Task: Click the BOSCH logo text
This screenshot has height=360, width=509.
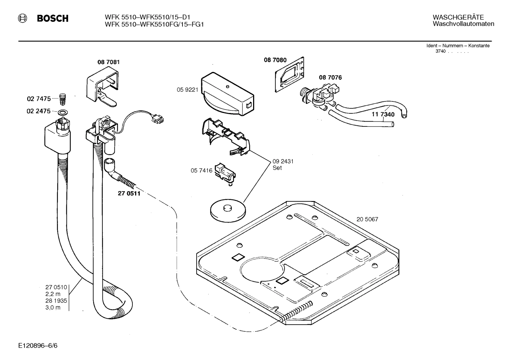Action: (x=53, y=19)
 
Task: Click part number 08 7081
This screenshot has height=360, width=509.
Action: (x=109, y=62)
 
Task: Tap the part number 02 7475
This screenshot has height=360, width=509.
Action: (x=38, y=99)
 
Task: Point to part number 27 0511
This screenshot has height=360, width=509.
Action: (x=129, y=194)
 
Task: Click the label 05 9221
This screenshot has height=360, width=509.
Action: (x=187, y=90)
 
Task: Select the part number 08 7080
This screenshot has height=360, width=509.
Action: (x=275, y=60)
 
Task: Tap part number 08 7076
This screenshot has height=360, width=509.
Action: (x=330, y=77)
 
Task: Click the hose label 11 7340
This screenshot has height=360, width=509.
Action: (x=383, y=114)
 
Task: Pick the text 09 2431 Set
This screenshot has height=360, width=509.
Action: (x=283, y=165)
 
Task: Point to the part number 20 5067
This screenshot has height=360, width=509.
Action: (x=367, y=219)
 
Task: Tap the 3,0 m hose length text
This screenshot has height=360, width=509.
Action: (x=53, y=307)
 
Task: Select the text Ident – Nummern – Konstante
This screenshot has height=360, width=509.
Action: (x=458, y=46)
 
